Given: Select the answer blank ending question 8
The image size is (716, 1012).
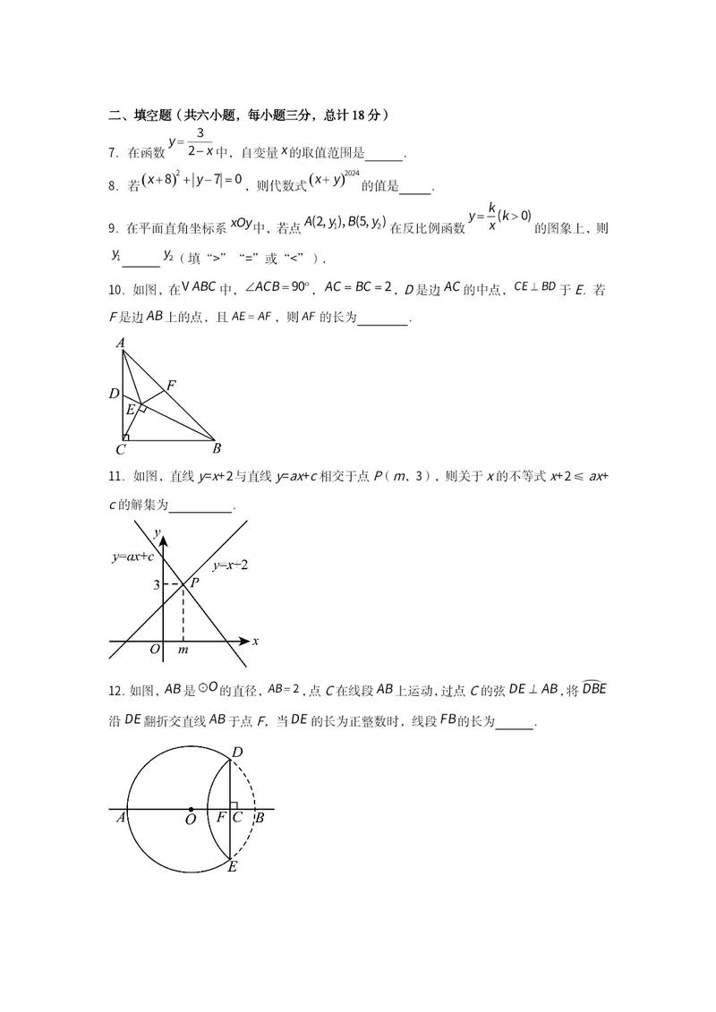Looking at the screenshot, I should pos(414,188).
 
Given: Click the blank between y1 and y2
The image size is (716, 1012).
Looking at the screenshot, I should pos(141,259).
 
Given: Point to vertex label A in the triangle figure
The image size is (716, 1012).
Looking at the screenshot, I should pos(120,343).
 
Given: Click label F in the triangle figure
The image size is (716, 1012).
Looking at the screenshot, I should pos(170,385).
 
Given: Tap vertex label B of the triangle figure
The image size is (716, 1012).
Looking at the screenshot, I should pos(217,448).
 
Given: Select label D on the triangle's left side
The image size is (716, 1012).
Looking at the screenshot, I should pos(114,394).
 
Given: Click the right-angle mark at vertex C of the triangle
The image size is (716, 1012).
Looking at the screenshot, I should pos(125,438).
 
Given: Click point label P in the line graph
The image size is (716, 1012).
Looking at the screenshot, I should pos(193,580).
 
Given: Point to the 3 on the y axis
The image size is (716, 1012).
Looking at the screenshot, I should pos(156,585).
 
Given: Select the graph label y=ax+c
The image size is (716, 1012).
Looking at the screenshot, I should pos(132,557).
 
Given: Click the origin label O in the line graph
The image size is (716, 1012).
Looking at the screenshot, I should pos(155,650).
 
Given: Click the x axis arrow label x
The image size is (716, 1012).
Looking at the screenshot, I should pos(255,641).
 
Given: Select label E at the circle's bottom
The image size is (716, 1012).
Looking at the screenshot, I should pos(232,866).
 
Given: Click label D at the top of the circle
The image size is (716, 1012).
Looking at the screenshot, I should pos(237,753).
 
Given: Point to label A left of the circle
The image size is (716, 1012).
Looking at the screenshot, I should pos(120,818).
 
